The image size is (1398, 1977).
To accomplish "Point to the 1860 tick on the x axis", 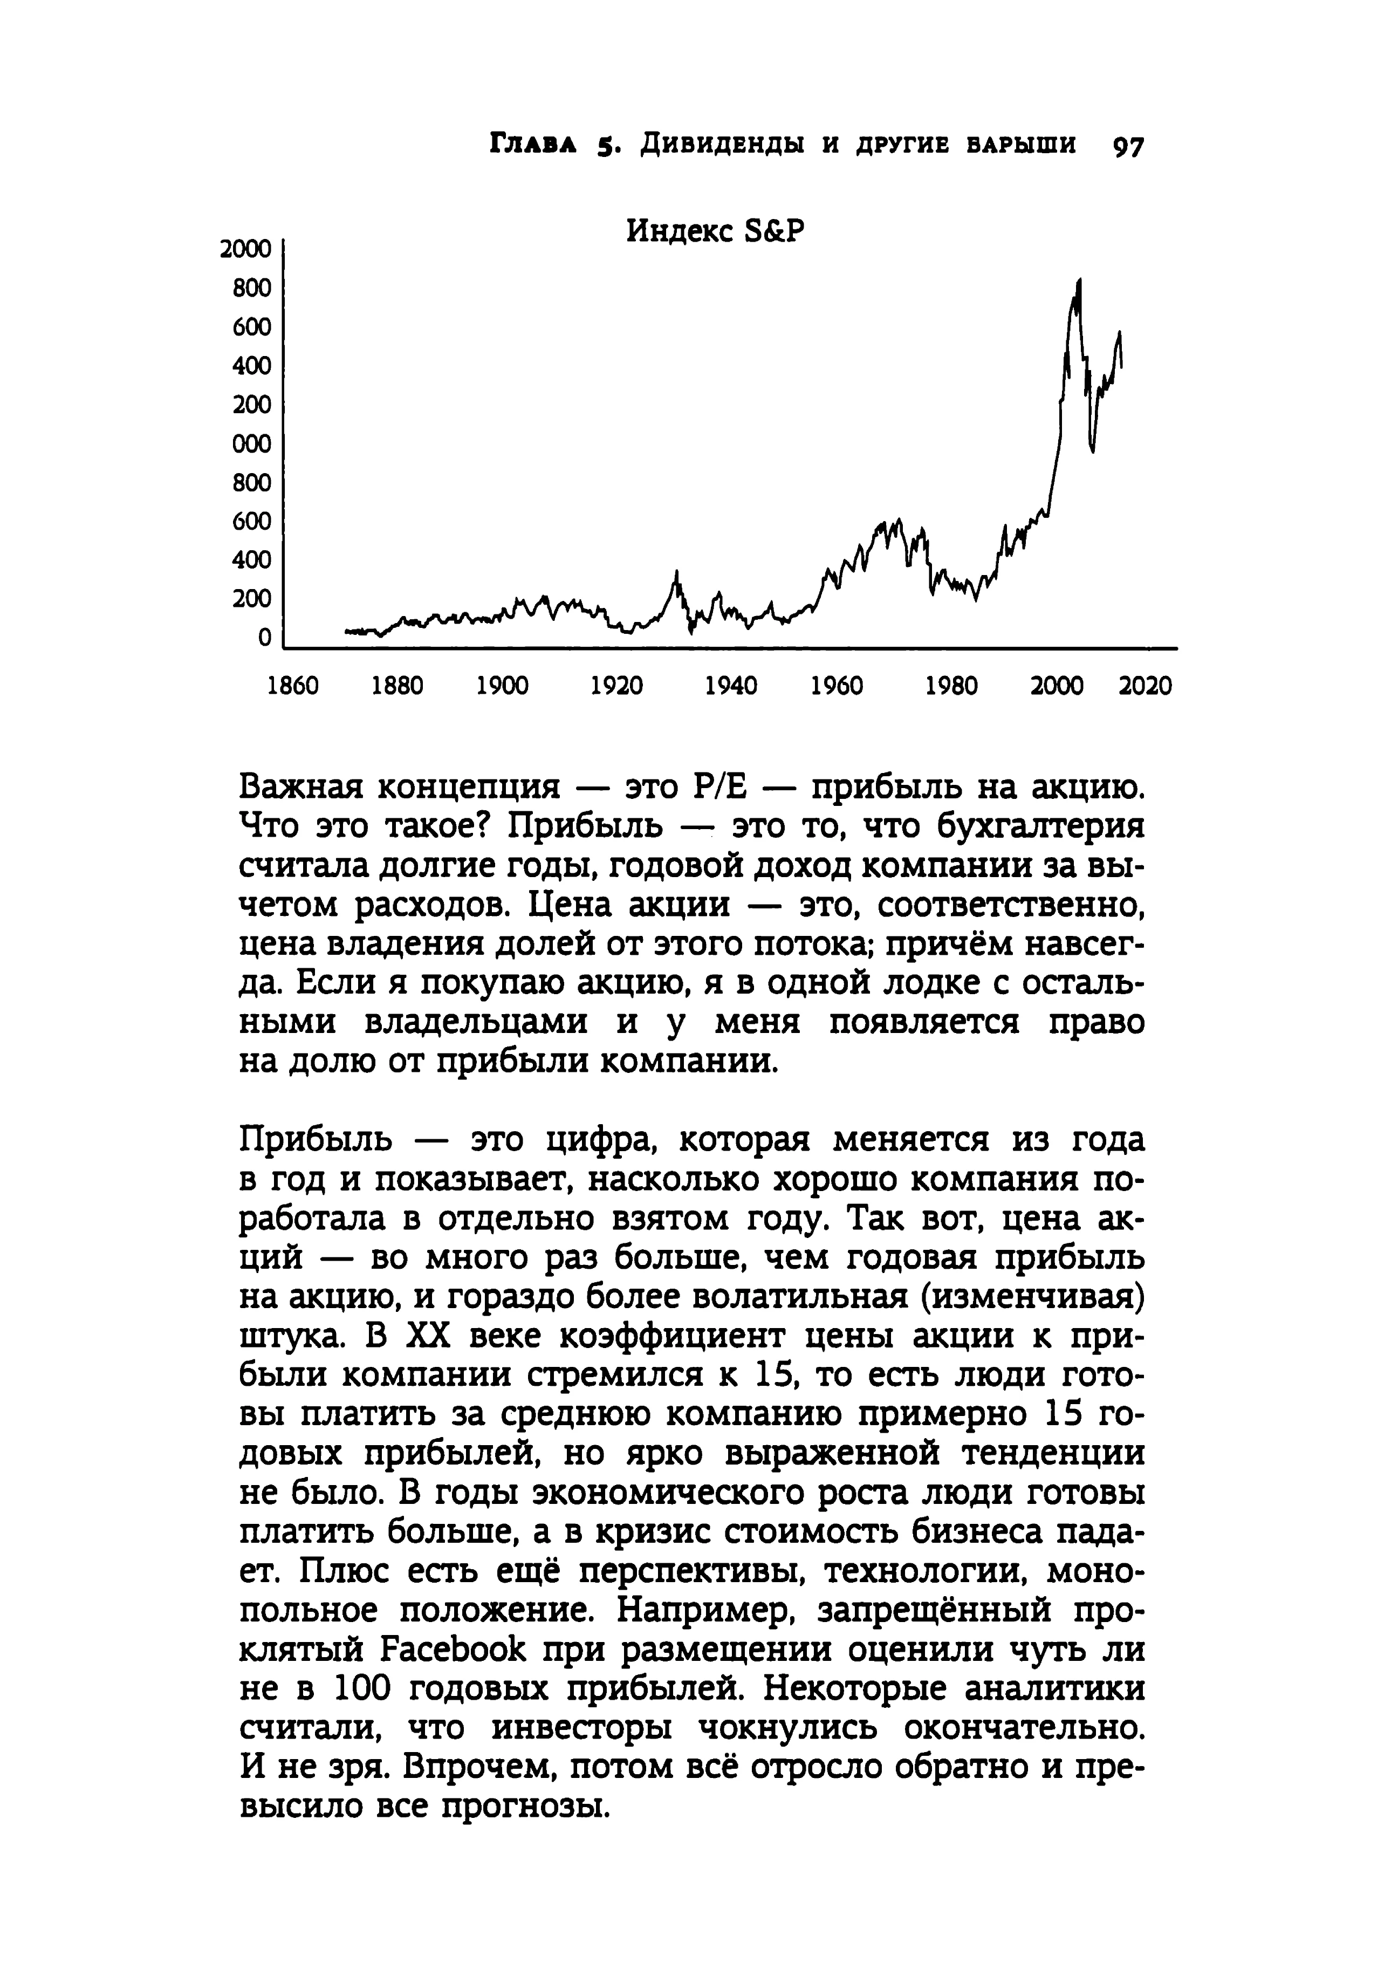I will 293,686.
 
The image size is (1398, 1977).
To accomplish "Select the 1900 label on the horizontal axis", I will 503,686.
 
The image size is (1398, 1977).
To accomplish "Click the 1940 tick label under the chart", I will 731,686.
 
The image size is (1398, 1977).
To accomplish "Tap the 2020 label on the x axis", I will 1145,686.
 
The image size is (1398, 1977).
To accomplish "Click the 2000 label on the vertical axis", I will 245,250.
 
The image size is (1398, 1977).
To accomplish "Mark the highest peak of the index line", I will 1079,280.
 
